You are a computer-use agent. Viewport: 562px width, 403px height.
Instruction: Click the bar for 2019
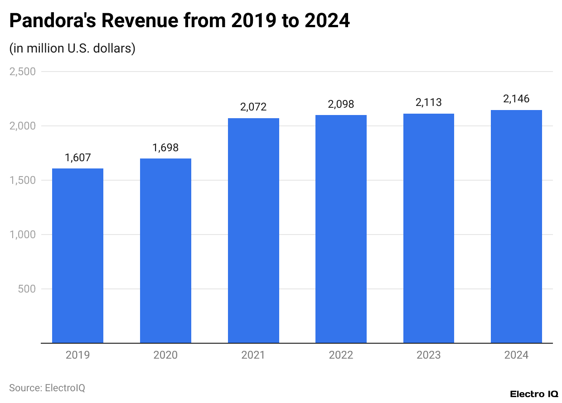[x=78, y=256]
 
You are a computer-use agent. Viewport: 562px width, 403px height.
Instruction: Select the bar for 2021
[x=253, y=230]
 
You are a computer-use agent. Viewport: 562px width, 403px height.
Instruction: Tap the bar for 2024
[x=516, y=226]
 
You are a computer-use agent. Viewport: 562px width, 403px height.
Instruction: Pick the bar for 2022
[x=341, y=229]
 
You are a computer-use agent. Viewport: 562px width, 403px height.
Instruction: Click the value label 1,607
[x=78, y=158]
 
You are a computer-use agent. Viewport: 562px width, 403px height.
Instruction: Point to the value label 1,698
[x=165, y=148]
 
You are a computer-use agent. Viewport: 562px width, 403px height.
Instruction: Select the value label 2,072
[x=253, y=107]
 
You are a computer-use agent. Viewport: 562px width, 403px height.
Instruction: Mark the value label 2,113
[x=429, y=103]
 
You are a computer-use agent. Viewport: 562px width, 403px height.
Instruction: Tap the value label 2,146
[x=516, y=99]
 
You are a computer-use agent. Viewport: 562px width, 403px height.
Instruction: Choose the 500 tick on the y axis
[x=27, y=289]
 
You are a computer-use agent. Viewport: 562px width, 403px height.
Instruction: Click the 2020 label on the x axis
[x=165, y=355]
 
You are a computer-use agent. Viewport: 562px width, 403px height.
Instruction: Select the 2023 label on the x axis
[x=429, y=355]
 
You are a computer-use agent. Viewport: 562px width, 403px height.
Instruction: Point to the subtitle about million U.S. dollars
[x=73, y=48]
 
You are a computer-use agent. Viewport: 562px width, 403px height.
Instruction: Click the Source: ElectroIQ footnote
[x=47, y=388]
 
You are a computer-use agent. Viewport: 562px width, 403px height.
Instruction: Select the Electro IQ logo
[x=533, y=394]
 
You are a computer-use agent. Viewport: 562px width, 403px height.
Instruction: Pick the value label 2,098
[x=341, y=104]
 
